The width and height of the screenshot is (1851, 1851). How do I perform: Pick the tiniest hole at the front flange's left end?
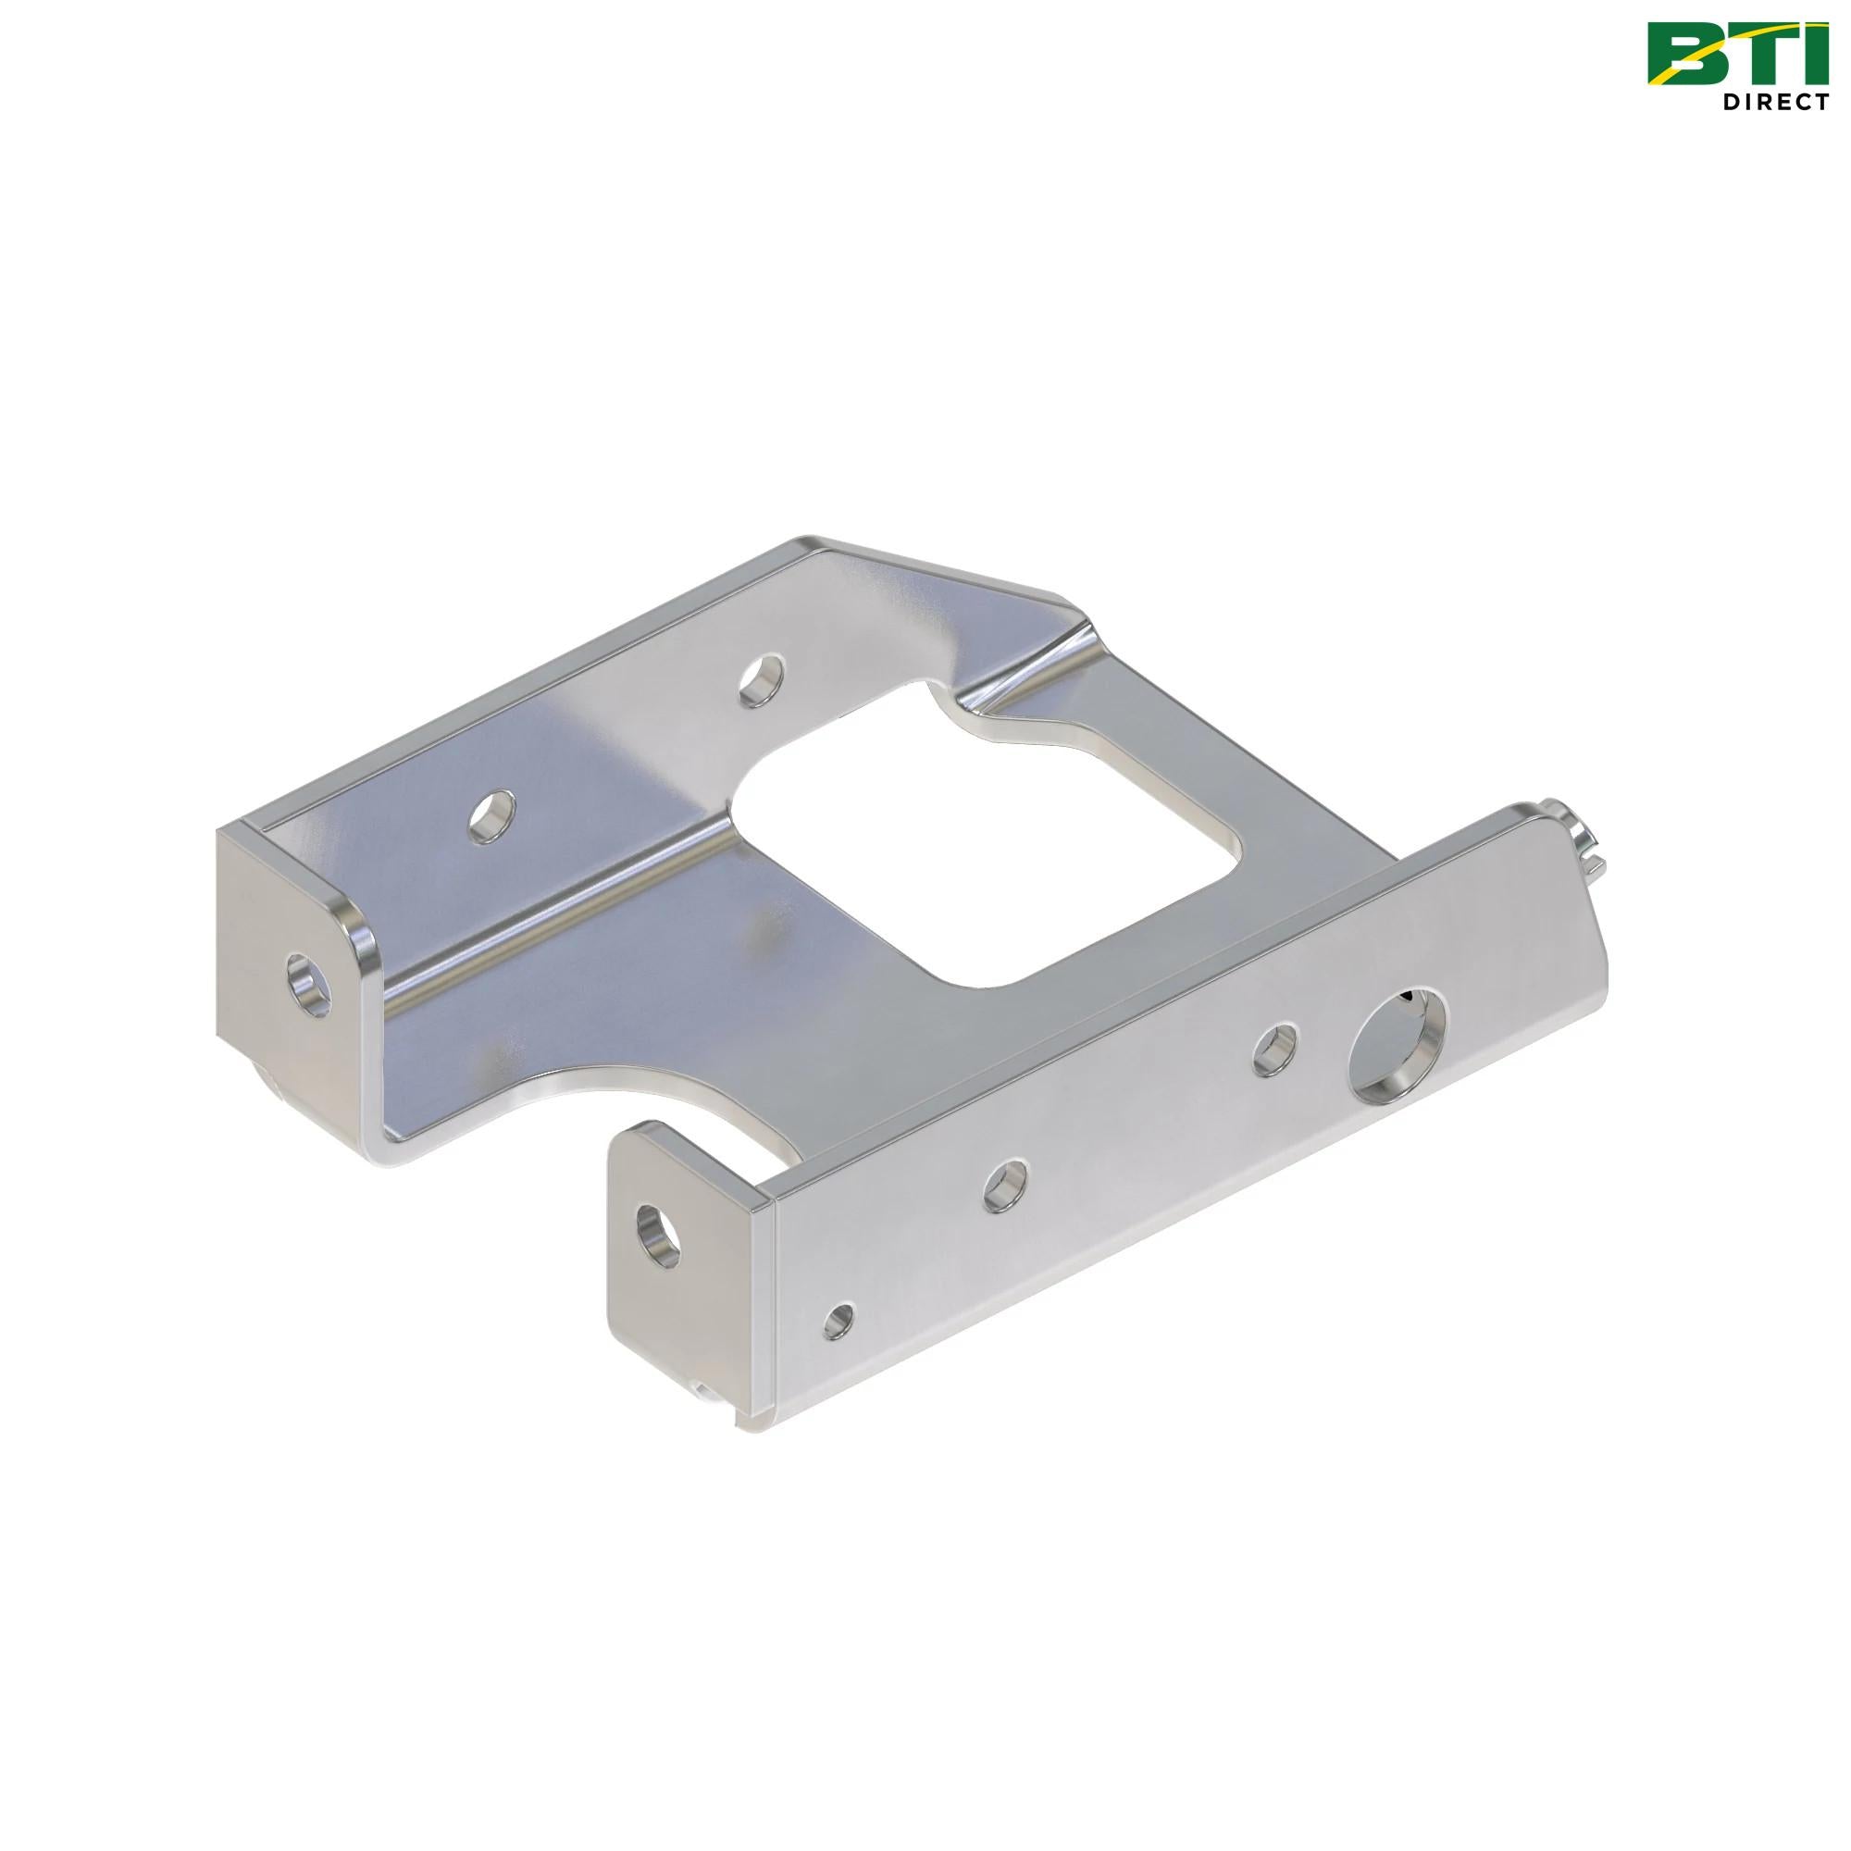coord(840,1322)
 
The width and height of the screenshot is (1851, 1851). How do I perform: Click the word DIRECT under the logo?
coord(1779,103)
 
